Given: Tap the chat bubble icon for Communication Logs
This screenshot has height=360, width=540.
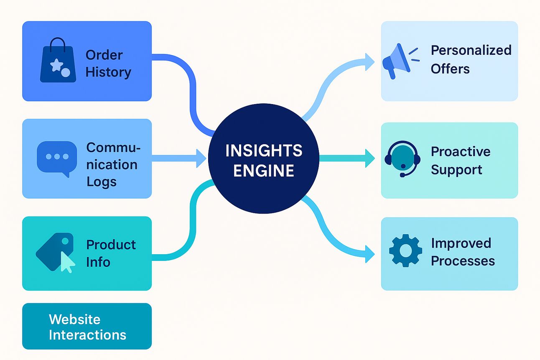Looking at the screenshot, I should [x=57, y=158].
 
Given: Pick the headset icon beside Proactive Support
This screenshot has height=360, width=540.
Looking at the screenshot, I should [x=401, y=158].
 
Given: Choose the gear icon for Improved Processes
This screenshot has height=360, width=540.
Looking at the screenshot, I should [x=405, y=251].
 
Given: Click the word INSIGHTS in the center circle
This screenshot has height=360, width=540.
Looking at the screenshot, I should [x=264, y=151].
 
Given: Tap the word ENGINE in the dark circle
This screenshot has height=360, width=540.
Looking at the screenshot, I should [x=264, y=171].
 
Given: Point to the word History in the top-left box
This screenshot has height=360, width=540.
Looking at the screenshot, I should [x=108, y=72].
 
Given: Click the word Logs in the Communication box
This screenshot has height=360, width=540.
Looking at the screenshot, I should [x=102, y=182].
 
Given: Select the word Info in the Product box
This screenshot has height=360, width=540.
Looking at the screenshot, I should [x=98, y=262].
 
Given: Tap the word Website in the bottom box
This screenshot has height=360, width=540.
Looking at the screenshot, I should [x=74, y=319].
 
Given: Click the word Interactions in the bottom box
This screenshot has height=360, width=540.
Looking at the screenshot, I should [x=87, y=335].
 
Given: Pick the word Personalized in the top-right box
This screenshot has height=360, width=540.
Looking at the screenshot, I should [x=471, y=50].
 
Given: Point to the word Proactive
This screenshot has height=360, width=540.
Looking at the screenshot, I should [x=461, y=151].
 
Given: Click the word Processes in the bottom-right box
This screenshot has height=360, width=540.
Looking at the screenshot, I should [x=463, y=261].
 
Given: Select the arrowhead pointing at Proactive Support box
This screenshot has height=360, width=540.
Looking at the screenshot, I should [x=369, y=158].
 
